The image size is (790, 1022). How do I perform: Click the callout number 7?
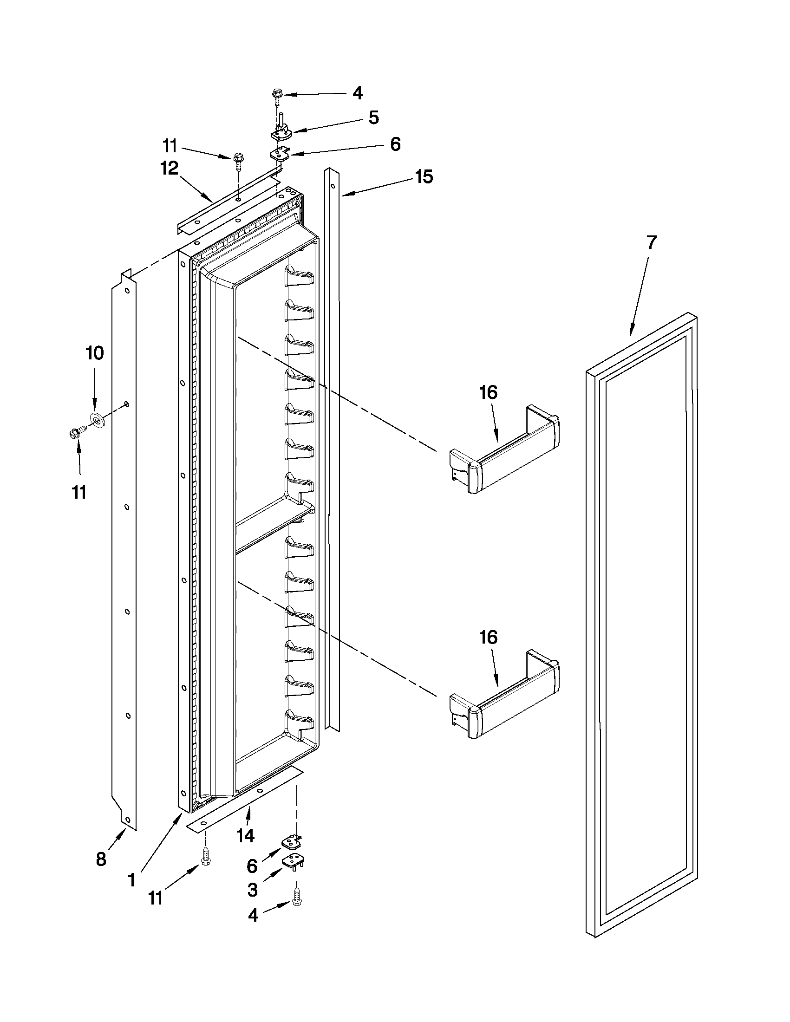(652, 242)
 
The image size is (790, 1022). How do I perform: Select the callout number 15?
(424, 177)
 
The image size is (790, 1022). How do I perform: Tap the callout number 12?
(170, 169)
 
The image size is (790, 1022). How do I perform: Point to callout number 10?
(95, 353)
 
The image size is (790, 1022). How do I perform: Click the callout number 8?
(101, 859)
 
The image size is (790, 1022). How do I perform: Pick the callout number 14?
(245, 835)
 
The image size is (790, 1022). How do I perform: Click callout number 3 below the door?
(252, 890)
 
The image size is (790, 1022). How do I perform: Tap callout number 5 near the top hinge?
(373, 117)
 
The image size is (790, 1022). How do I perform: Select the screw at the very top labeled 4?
(276, 96)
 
